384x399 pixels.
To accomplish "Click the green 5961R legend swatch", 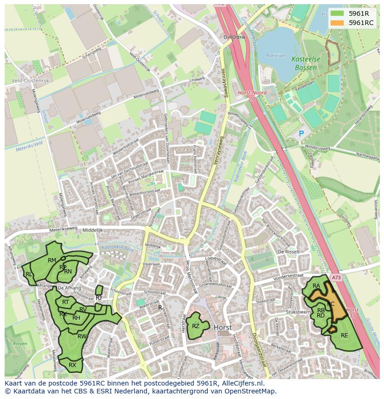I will [338, 13].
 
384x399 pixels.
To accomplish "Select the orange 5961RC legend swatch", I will [338, 23].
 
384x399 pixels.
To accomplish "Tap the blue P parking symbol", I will [301, 133].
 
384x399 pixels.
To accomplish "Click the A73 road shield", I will [336, 278].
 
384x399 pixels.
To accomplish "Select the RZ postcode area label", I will [196, 326].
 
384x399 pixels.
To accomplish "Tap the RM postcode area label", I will [52, 260].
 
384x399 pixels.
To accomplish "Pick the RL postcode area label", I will [29, 274].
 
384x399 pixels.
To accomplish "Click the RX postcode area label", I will [72, 365].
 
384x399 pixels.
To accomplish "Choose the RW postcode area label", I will [82, 336].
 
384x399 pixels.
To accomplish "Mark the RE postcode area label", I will [344, 336].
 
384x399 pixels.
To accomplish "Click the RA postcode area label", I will [316, 286].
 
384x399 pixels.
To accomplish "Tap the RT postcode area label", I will [65, 302].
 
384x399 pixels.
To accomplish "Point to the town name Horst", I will [223, 327].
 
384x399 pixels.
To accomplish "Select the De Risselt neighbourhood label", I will [287, 252].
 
